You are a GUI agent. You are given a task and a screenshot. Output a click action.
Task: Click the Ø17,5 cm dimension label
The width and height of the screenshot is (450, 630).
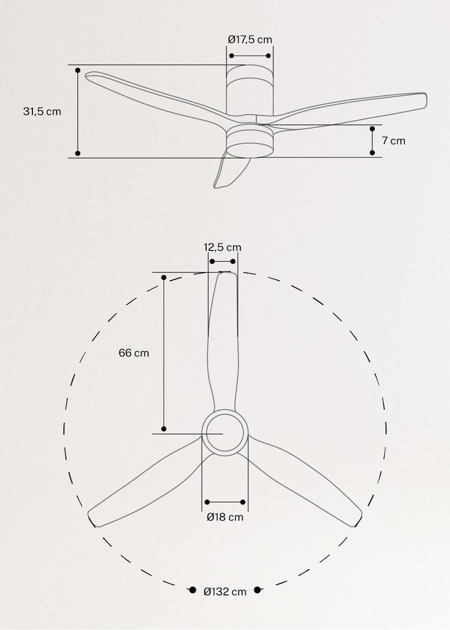pyautogui.click(x=250, y=40)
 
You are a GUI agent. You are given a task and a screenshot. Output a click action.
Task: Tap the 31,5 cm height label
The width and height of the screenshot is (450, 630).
pyautogui.click(x=42, y=111)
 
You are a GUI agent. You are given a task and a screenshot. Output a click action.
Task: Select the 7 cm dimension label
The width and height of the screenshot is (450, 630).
pyautogui.click(x=393, y=140)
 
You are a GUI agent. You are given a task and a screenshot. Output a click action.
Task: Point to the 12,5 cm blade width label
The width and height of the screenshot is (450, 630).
pyautogui.click(x=222, y=247)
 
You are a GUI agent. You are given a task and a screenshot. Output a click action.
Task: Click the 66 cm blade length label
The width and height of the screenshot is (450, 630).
pyautogui.click(x=134, y=353)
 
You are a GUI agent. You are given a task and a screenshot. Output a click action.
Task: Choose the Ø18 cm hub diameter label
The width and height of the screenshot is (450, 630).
pyautogui.click(x=225, y=517)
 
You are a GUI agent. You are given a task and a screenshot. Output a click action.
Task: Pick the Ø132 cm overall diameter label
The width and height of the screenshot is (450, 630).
pyautogui.click(x=225, y=591)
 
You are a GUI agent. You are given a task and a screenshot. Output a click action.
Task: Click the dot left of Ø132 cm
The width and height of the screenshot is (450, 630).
pyautogui.click(x=192, y=590)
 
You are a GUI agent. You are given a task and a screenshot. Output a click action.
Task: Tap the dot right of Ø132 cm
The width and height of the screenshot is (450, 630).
pyautogui.click(x=258, y=590)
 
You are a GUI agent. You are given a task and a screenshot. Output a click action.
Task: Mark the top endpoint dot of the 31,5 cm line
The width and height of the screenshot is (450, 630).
pyautogui.click(x=78, y=69)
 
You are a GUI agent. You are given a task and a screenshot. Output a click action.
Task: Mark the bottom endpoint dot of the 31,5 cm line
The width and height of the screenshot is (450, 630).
pyautogui.click(x=78, y=153)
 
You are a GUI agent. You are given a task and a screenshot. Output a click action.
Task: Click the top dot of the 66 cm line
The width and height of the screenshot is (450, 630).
pyautogui.click(x=163, y=278)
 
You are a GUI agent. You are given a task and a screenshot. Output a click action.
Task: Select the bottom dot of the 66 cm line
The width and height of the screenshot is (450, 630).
pyautogui.click(x=163, y=429)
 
